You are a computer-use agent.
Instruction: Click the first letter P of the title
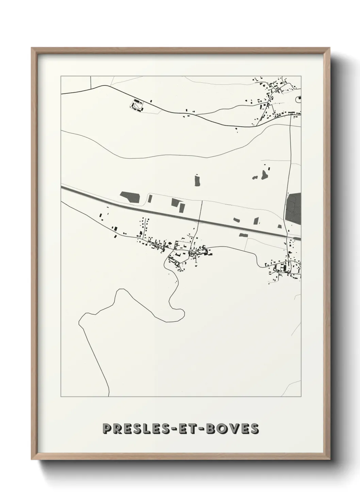click(x=107, y=429)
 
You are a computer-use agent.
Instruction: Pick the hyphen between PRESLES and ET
click(x=181, y=429)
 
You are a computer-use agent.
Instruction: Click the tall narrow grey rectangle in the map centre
click(x=197, y=180)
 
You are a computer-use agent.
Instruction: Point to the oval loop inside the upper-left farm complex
click(x=138, y=108)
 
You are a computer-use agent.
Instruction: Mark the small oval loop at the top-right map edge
click(x=299, y=99)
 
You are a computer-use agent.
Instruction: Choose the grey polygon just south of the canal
click(x=243, y=235)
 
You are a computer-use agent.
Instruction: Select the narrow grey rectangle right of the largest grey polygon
click(x=182, y=207)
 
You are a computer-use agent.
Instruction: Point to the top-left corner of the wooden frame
click(x=32, y=48)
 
